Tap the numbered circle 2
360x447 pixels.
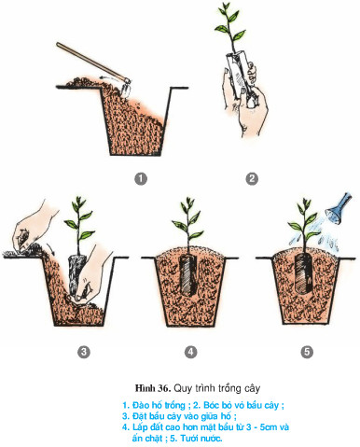click(x=251, y=178)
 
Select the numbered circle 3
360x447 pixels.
click(x=83, y=352)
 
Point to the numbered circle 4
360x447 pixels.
click(x=191, y=352)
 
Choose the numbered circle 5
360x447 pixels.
click(x=306, y=352)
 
